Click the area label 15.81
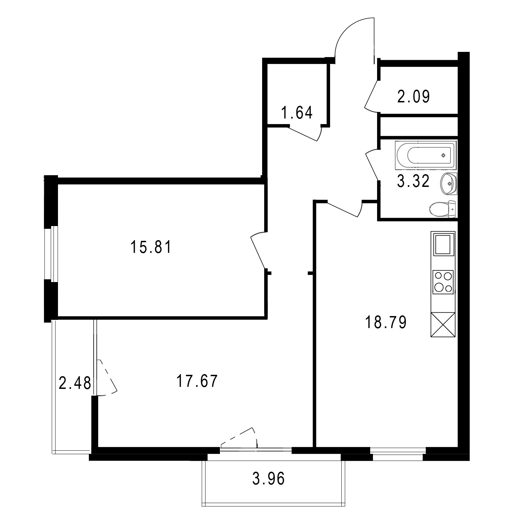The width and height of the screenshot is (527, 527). pyautogui.click(x=151, y=247)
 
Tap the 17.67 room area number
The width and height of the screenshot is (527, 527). pyautogui.click(x=197, y=381)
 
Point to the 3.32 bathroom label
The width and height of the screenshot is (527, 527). pyautogui.click(x=413, y=181)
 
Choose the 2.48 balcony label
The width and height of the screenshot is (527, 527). pyautogui.click(x=75, y=383)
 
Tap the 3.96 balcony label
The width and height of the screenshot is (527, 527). pyautogui.click(x=268, y=479)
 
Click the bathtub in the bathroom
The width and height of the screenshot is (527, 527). pyautogui.click(x=426, y=155)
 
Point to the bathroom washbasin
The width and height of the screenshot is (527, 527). pyautogui.click(x=448, y=184)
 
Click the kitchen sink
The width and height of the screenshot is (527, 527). pyautogui.click(x=443, y=244)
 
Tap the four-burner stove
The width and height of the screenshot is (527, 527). pyautogui.click(x=443, y=282)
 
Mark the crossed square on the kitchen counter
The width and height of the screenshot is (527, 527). pyautogui.click(x=443, y=325)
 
